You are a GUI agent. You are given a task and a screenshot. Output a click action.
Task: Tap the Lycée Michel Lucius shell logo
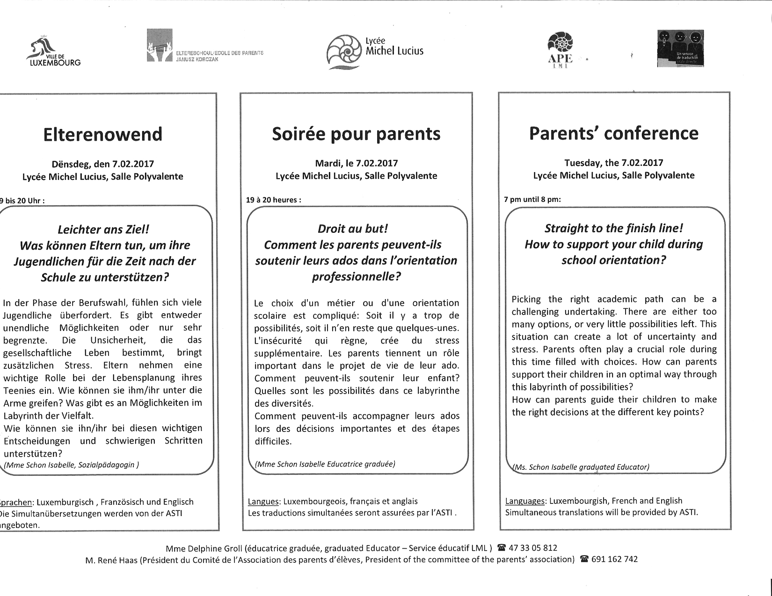(x=344, y=51)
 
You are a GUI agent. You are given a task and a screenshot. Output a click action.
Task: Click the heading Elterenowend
(x=103, y=135)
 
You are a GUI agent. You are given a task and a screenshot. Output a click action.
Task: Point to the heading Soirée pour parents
(x=356, y=134)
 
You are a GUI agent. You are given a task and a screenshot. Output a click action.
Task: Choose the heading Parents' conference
(x=613, y=133)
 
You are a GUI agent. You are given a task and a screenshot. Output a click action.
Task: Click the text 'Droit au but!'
(x=353, y=229)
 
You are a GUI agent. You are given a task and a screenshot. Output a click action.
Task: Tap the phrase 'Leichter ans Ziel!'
(x=103, y=230)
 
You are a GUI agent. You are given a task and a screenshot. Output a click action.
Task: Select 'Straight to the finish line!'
(x=613, y=228)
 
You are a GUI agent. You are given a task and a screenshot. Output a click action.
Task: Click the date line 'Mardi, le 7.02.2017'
(x=356, y=163)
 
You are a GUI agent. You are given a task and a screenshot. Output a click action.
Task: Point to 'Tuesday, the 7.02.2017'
(x=613, y=163)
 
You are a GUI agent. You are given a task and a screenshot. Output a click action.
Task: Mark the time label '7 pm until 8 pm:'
(x=532, y=200)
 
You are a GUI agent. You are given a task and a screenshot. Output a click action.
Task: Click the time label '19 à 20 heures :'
(x=274, y=200)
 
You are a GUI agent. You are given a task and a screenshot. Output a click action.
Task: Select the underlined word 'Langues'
(x=263, y=502)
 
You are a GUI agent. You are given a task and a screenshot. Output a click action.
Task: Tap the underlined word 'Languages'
(x=525, y=501)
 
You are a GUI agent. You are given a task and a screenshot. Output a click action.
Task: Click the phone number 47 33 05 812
(x=532, y=548)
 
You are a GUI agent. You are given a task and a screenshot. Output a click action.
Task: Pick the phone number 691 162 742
(x=614, y=560)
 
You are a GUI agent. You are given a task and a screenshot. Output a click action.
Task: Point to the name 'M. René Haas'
(x=111, y=560)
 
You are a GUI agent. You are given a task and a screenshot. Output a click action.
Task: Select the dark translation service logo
(x=680, y=49)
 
